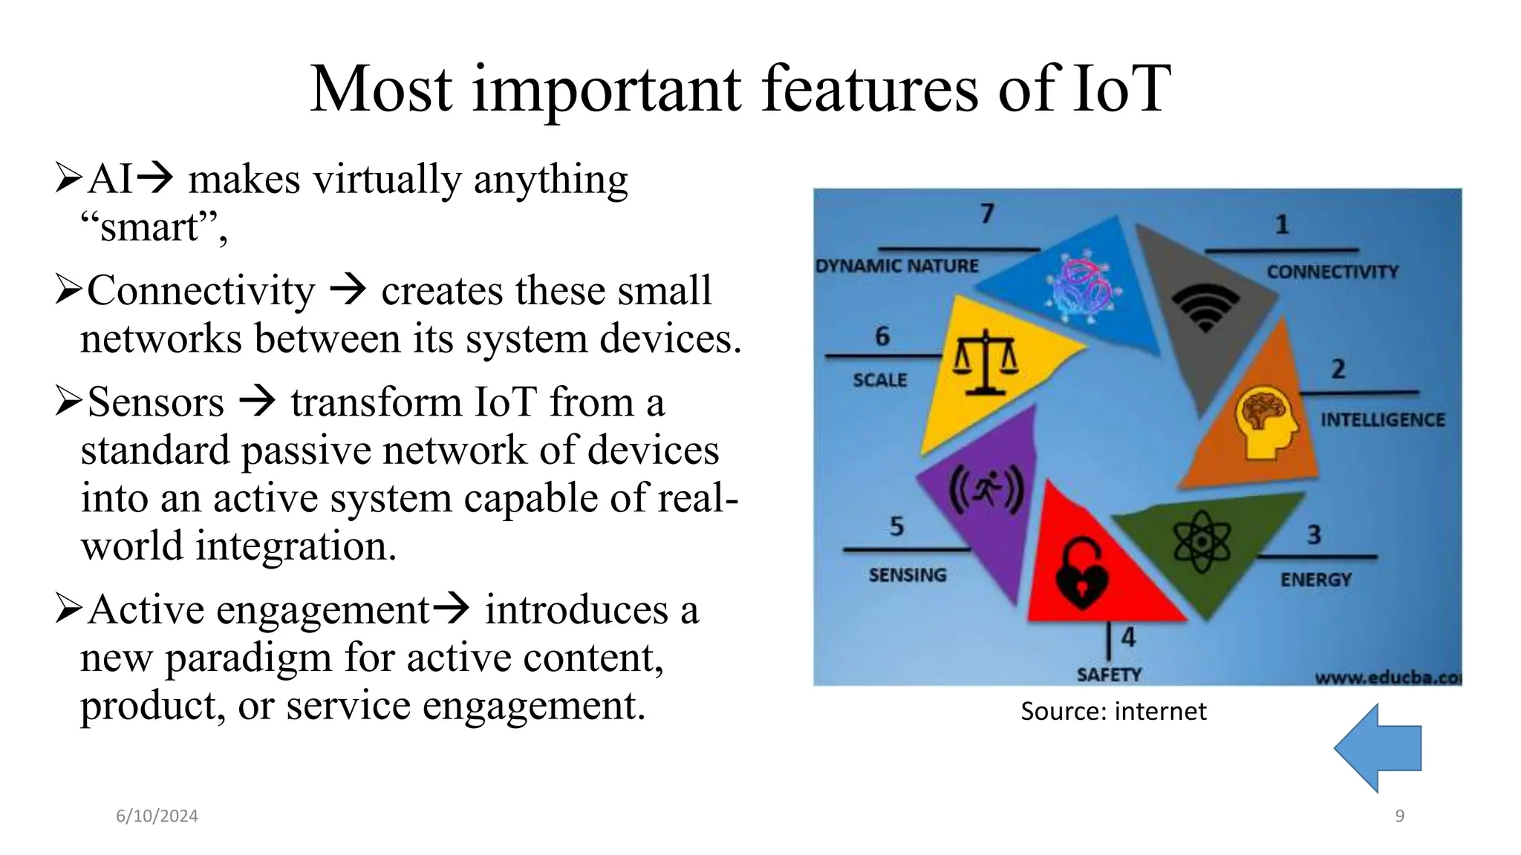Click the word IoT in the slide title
(x=1120, y=90)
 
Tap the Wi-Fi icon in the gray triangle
(x=1205, y=307)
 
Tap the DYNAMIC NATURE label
(x=897, y=266)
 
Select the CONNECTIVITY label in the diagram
(x=1332, y=272)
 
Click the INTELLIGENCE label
(x=1383, y=420)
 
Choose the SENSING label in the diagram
(x=908, y=575)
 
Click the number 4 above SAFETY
(x=1128, y=637)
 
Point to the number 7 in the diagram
(x=987, y=214)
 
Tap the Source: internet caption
(x=1113, y=712)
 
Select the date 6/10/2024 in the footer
(x=157, y=816)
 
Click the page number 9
(x=1399, y=816)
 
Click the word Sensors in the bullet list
(x=156, y=403)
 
